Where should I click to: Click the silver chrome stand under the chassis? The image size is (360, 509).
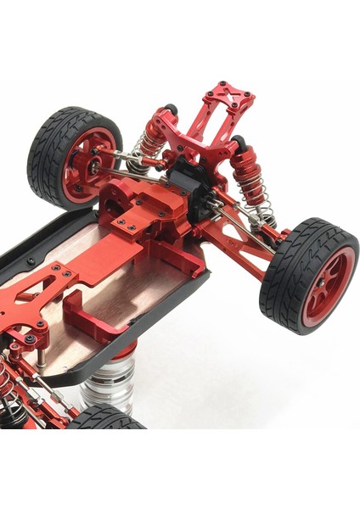pos(110,382)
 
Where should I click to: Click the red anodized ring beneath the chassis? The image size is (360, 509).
pos(119,352)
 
